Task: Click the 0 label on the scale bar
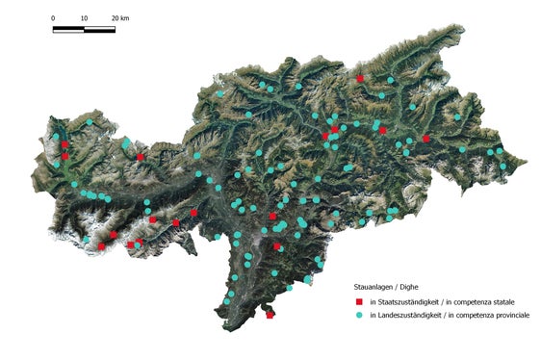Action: coord(53,19)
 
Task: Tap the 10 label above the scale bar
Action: coord(84,19)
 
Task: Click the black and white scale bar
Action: coord(84,30)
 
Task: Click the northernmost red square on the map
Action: coord(359,78)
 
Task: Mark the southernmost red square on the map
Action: coord(270,314)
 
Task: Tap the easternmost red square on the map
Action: coord(425,139)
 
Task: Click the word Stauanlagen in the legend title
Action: coord(374,286)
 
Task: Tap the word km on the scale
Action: coord(124,19)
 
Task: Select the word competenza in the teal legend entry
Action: coord(475,315)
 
